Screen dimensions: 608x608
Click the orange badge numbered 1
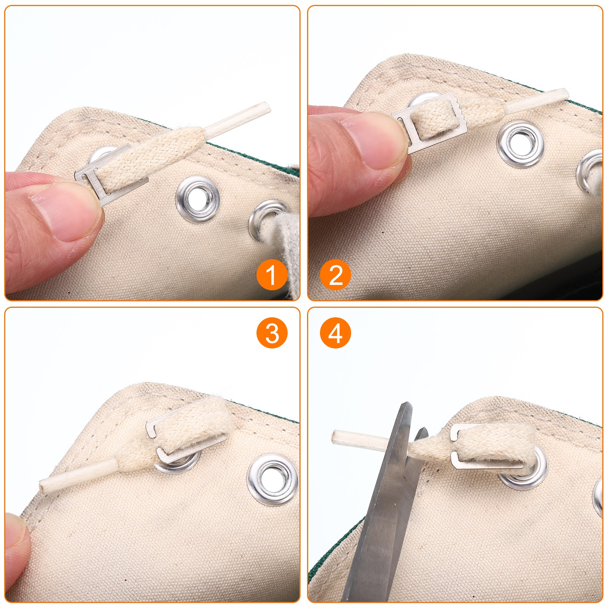[271, 275]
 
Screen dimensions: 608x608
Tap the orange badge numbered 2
[336, 275]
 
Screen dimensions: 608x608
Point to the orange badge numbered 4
[336, 333]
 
